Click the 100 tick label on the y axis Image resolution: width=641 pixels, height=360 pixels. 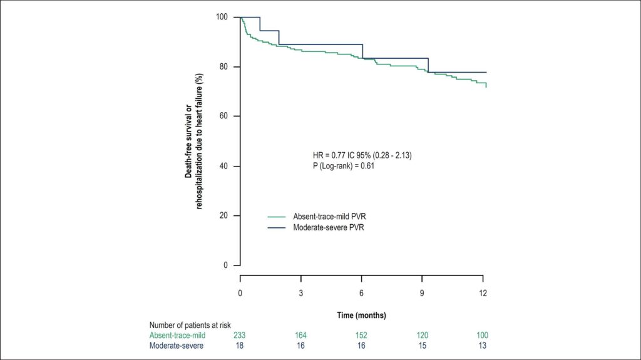click(222, 17)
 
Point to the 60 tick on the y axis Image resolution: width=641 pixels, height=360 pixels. click(237, 116)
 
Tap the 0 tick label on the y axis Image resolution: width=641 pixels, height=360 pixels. click(225, 265)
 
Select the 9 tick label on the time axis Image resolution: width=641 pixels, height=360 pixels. click(422, 293)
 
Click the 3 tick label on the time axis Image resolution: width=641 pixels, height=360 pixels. click(301, 293)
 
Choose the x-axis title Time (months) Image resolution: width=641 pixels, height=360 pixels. click(361, 316)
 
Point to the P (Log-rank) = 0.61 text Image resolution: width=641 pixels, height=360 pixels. click(344, 166)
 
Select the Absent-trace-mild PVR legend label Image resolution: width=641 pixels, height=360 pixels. click(329, 217)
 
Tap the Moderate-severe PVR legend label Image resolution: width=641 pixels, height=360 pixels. click(328, 227)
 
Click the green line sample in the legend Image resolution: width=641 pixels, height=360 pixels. click(277, 217)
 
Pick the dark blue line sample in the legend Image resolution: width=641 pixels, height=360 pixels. click(277, 227)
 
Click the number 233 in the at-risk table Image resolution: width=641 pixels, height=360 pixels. click(240, 336)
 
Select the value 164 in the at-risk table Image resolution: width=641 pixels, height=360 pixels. click(300, 336)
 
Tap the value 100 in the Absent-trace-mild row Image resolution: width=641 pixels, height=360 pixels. click(483, 336)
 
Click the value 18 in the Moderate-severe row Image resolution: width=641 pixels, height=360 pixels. click(240, 346)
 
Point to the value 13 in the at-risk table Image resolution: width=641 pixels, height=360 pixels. click(483, 346)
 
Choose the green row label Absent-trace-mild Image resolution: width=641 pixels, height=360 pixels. click(177, 336)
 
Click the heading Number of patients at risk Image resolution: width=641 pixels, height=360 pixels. click(190, 325)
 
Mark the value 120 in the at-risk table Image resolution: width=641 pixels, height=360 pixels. click(423, 336)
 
